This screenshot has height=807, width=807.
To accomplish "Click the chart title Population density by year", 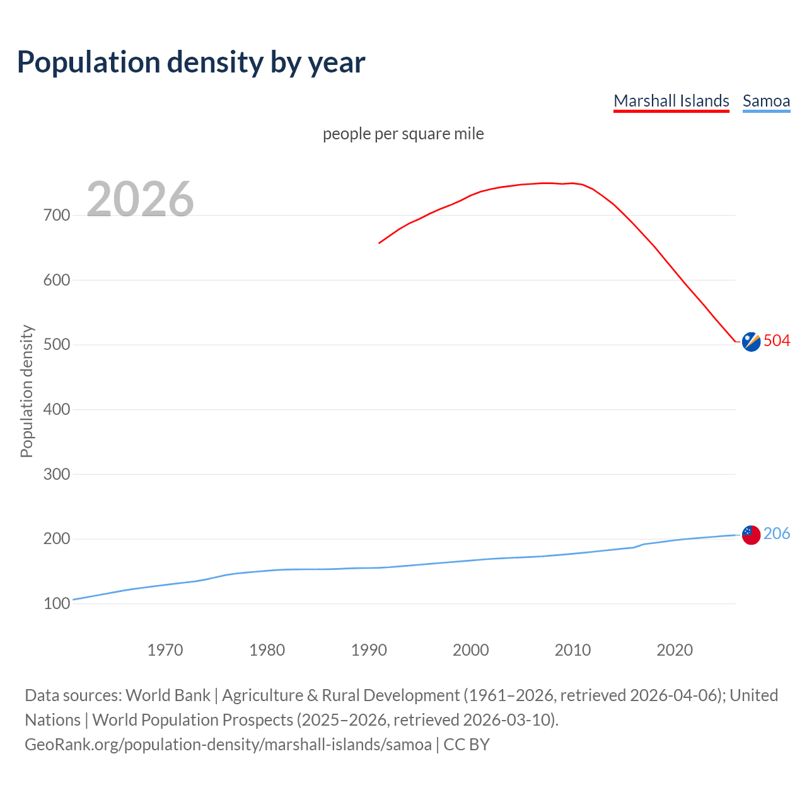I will [x=191, y=62].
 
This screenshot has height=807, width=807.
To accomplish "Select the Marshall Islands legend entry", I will [x=671, y=101].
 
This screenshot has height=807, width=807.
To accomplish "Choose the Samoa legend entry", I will [x=766, y=101].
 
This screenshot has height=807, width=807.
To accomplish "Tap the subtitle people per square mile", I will [x=403, y=134].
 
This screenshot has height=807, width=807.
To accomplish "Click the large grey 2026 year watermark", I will [x=140, y=199].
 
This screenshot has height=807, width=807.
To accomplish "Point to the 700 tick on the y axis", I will [x=57, y=216].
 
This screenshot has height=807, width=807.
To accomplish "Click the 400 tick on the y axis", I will [x=57, y=410].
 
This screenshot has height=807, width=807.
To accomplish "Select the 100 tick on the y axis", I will [x=57, y=604].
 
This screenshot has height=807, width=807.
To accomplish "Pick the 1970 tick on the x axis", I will [x=165, y=650].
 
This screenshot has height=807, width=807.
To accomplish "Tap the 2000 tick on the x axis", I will [x=471, y=650].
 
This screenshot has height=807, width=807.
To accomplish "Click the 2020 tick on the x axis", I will [x=675, y=650].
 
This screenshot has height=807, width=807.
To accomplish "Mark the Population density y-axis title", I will [x=26, y=391].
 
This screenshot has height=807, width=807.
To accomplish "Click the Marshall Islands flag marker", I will [x=751, y=342].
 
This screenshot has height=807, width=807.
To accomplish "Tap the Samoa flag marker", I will [x=751, y=535].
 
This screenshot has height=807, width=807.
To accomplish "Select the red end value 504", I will [x=777, y=341].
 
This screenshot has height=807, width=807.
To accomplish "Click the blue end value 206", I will [x=777, y=534].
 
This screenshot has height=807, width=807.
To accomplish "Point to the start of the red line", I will [x=380, y=243].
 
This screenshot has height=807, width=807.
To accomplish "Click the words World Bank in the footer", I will [x=168, y=695].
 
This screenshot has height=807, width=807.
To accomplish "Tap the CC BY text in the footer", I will [x=467, y=745].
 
